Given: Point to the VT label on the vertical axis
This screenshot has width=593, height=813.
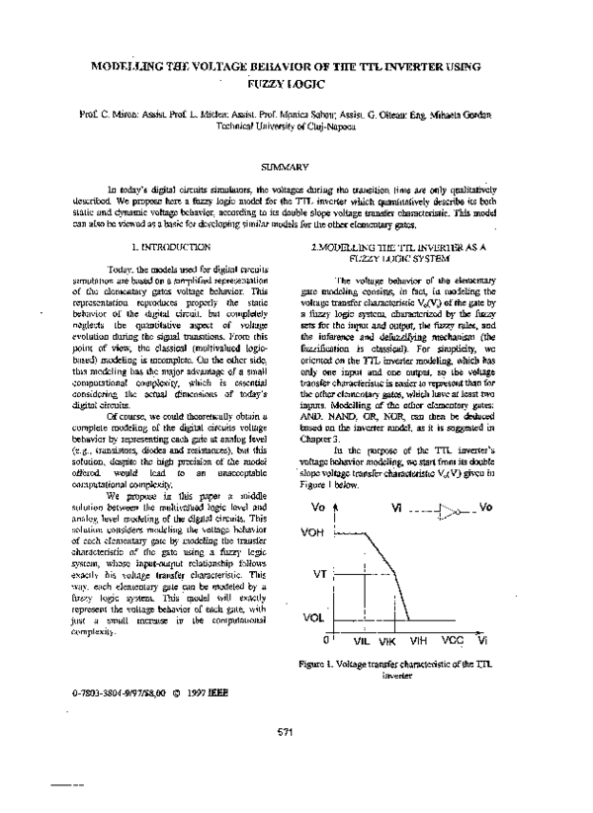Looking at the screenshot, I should [319, 574].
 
